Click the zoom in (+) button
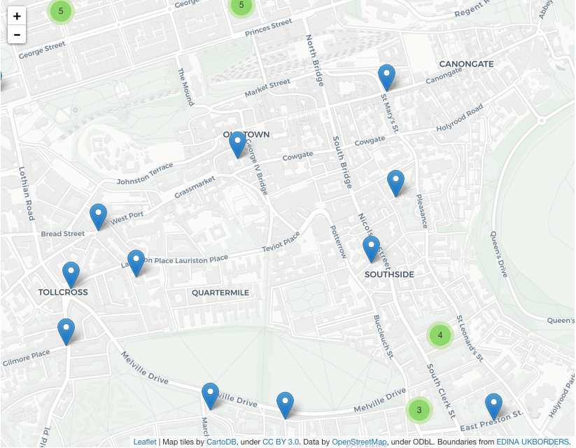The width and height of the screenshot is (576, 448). point(17,16)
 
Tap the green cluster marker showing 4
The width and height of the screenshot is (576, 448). point(440,335)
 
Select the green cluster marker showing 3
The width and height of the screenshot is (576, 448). point(419,409)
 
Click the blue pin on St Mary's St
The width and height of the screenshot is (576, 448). point(386,77)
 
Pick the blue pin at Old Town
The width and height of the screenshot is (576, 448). point(237,144)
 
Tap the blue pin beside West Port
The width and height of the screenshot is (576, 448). point(98,216)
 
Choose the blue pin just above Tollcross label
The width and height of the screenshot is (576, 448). point(71,274)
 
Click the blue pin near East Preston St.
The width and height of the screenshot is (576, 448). point(493,406)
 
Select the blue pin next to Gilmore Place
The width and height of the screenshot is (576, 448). point(66,331)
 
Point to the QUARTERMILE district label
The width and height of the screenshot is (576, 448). point(220,293)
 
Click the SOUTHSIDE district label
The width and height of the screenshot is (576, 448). point(389,274)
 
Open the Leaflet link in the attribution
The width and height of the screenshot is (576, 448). point(145,442)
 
